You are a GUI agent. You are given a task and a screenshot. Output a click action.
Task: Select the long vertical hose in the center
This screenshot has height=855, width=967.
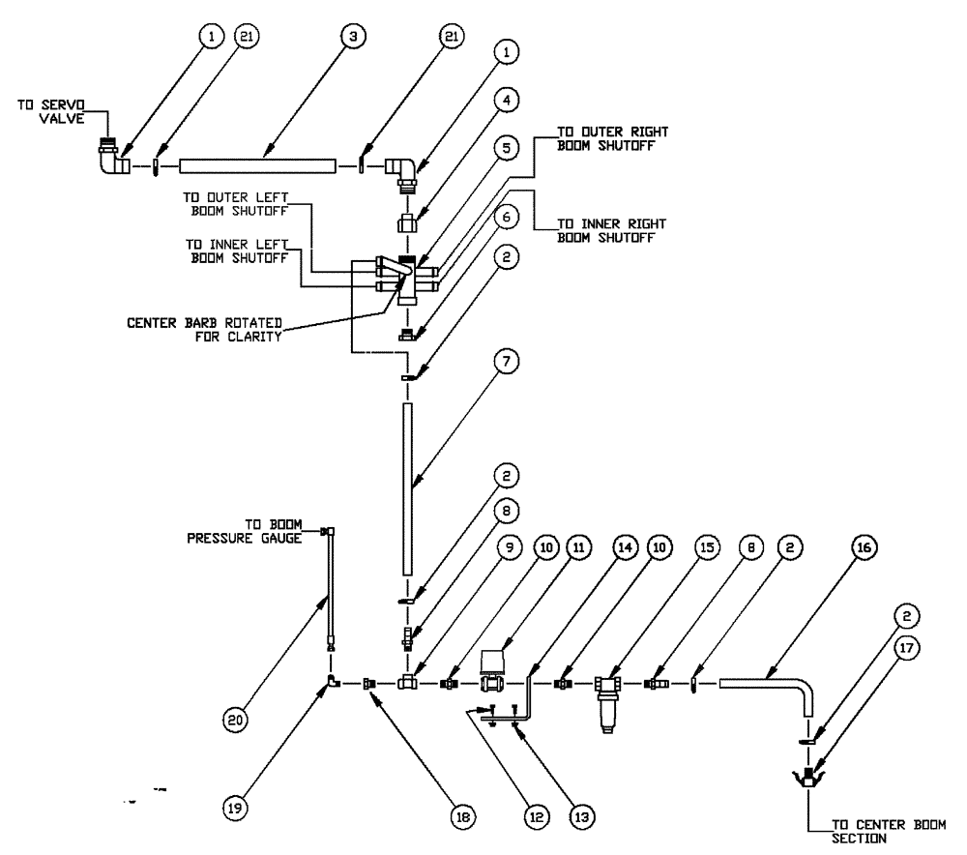coord(410,487)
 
